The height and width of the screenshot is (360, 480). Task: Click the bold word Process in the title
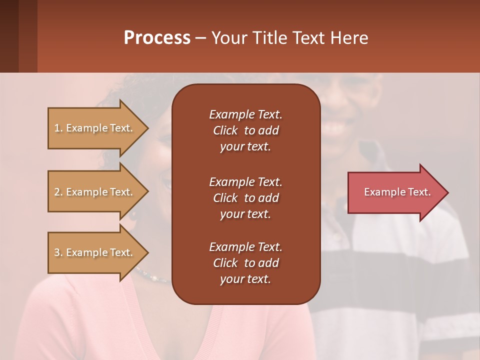pyautogui.click(x=157, y=38)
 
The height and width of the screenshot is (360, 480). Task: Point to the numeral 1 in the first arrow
pyautogui.click(x=57, y=128)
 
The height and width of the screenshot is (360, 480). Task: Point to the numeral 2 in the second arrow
pyautogui.click(x=57, y=192)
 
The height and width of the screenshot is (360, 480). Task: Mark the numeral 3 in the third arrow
pyautogui.click(x=57, y=252)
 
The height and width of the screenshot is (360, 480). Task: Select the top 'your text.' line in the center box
pyautogui.click(x=245, y=147)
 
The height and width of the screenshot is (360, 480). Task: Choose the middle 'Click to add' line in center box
pyautogui.click(x=245, y=198)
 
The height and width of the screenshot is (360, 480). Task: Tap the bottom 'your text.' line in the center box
pyautogui.click(x=245, y=279)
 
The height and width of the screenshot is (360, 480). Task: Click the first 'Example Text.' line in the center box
pyautogui.click(x=245, y=114)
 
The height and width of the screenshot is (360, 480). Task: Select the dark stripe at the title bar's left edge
pyautogui.click(x=9, y=36)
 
